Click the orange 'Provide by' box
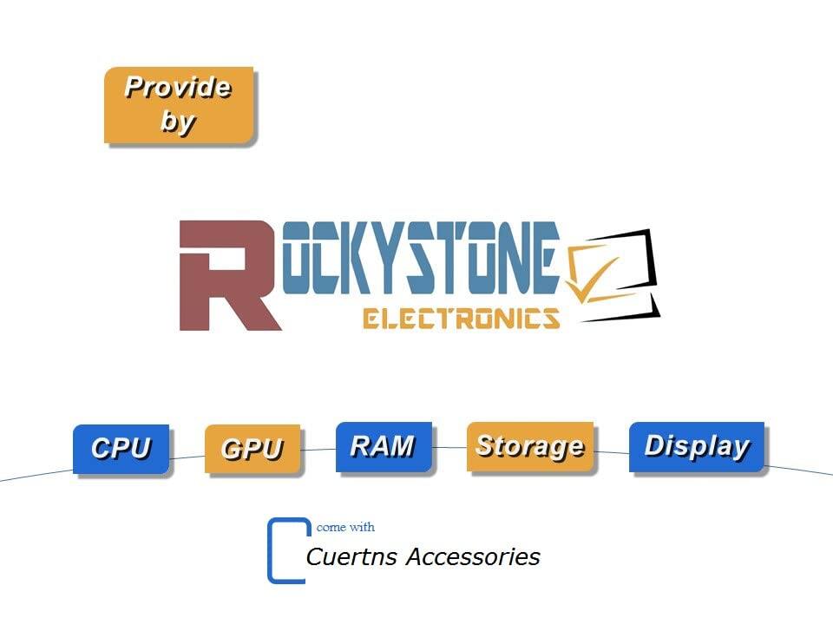point(179,105)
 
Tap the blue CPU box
point(121,449)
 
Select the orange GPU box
point(252,449)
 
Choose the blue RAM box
point(383,447)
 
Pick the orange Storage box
point(529,446)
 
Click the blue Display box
point(696,447)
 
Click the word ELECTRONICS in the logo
point(461,319)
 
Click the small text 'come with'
point(345,527)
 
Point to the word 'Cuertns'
point(352,556)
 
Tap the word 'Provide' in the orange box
point(178,88)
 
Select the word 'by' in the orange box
point(177,122)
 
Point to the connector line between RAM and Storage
point(449,448)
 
